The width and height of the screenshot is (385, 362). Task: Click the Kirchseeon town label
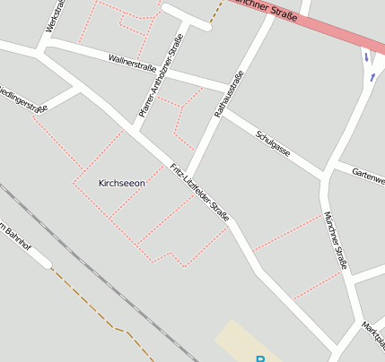121,183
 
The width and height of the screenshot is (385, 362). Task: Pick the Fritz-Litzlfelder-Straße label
200,193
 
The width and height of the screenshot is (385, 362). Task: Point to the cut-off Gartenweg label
368,175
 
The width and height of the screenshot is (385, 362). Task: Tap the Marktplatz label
373,335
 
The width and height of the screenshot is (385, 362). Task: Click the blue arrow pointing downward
365,57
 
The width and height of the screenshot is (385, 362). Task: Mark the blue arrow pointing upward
372,77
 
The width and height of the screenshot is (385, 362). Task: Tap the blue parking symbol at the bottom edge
260,358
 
